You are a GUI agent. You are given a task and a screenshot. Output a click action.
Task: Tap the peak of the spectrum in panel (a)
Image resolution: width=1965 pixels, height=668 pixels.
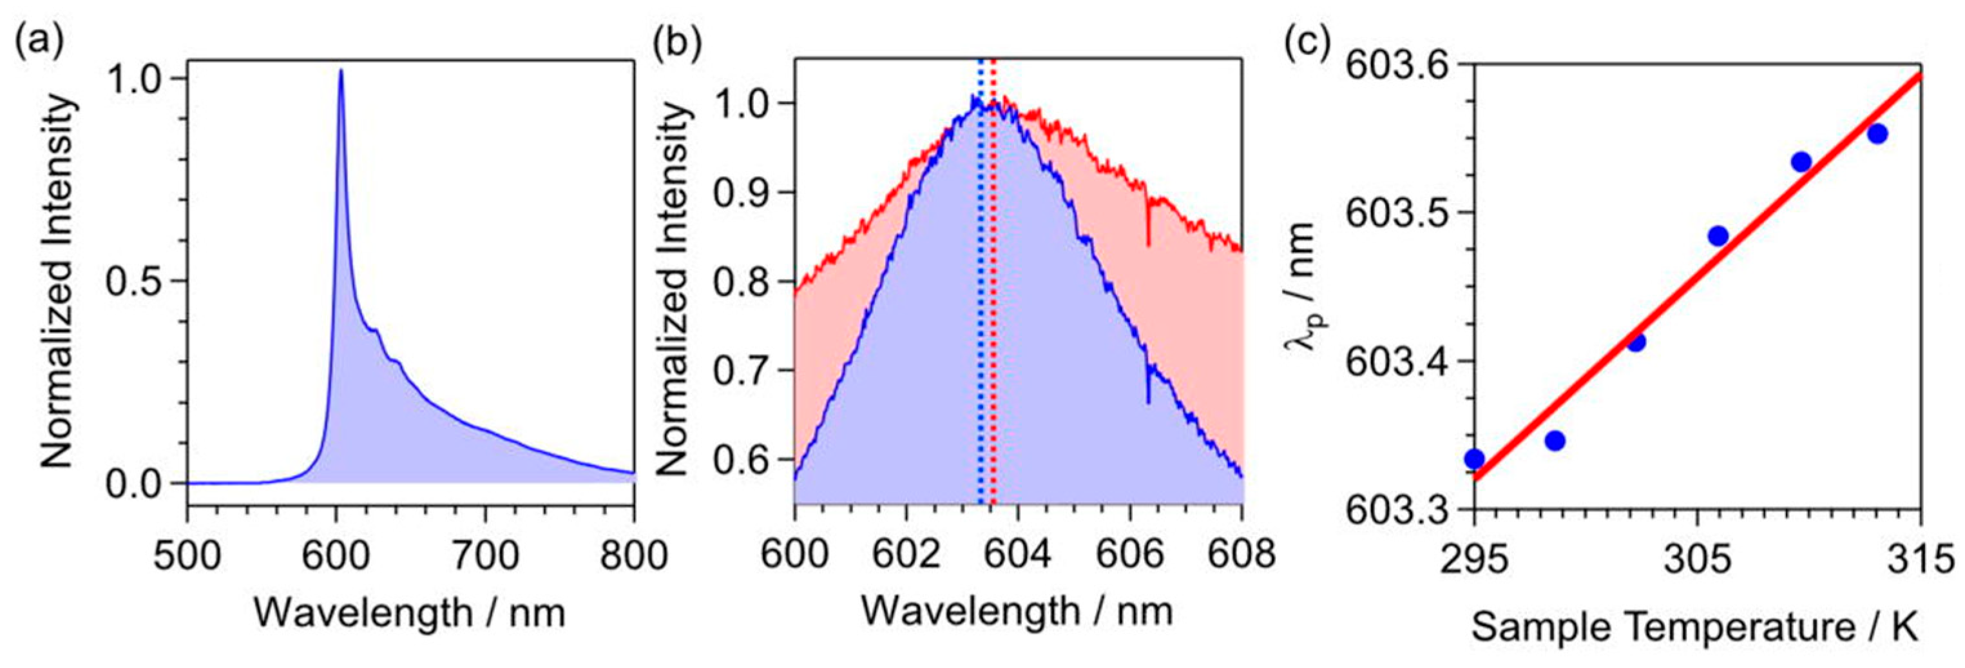tap(340, 71)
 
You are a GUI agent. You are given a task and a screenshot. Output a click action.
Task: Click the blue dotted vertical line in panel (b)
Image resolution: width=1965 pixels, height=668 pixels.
tap(980, 306)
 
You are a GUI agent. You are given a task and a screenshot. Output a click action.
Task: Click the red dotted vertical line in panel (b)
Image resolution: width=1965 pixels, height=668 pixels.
tap(993, 306)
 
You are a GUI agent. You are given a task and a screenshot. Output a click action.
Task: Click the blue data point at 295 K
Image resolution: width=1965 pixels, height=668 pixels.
tap(1475, 459)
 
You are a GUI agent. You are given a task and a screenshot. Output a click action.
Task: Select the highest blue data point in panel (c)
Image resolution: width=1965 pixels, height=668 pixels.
tap(1877, 133)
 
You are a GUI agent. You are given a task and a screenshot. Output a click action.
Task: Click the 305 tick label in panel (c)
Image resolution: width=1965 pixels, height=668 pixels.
tap(1696, 560)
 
